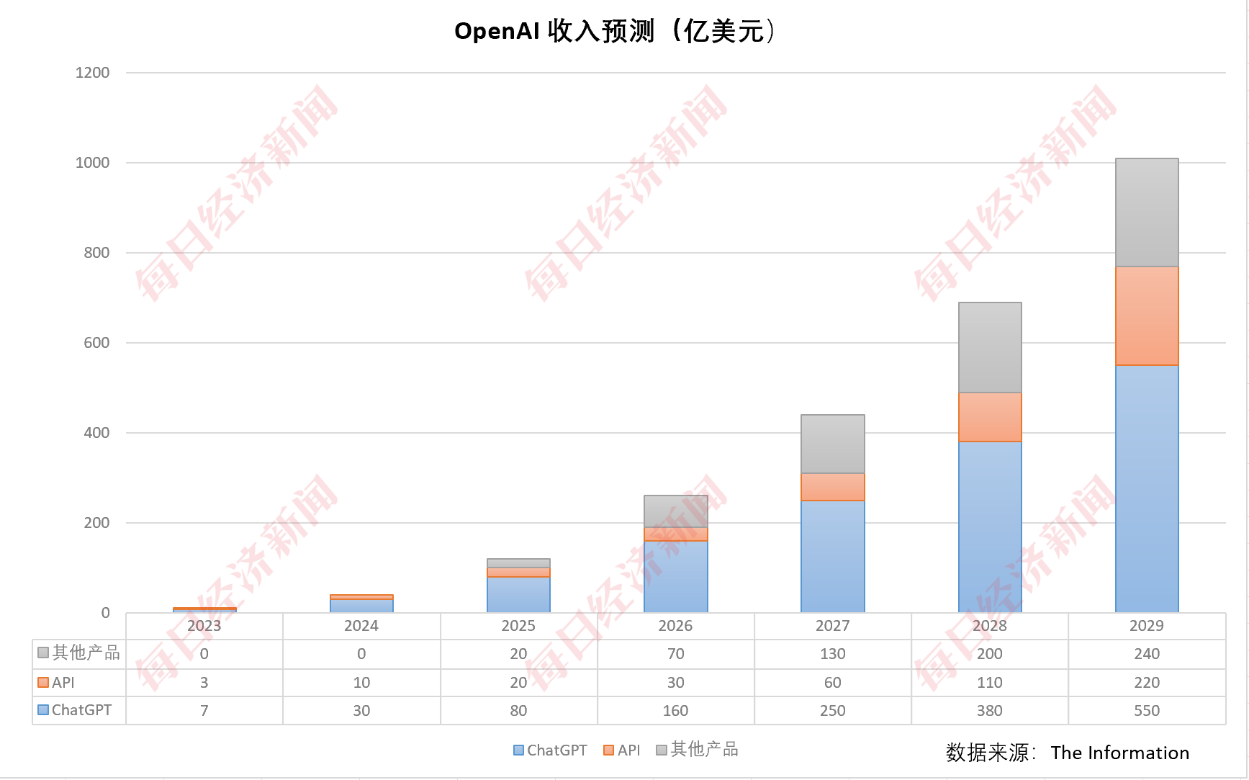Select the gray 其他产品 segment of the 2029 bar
point(1146,212)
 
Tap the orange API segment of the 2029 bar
point(1146,315)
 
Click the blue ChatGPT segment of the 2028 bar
point(989,526)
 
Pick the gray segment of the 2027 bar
point(832,444)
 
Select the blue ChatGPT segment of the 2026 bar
point(675,576)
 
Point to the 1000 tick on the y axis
point(93,163)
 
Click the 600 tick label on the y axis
point(96,343)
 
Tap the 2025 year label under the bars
point(518,626)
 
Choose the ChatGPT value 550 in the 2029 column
point(1146,711)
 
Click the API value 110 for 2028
point(989,683)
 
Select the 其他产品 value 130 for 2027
point(832,654)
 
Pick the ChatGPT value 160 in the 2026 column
point(675,711)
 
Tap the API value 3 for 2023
point(204,683)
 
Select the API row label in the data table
point(63,683)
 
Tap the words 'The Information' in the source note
point(1119,753)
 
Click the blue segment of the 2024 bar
point(361,606)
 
